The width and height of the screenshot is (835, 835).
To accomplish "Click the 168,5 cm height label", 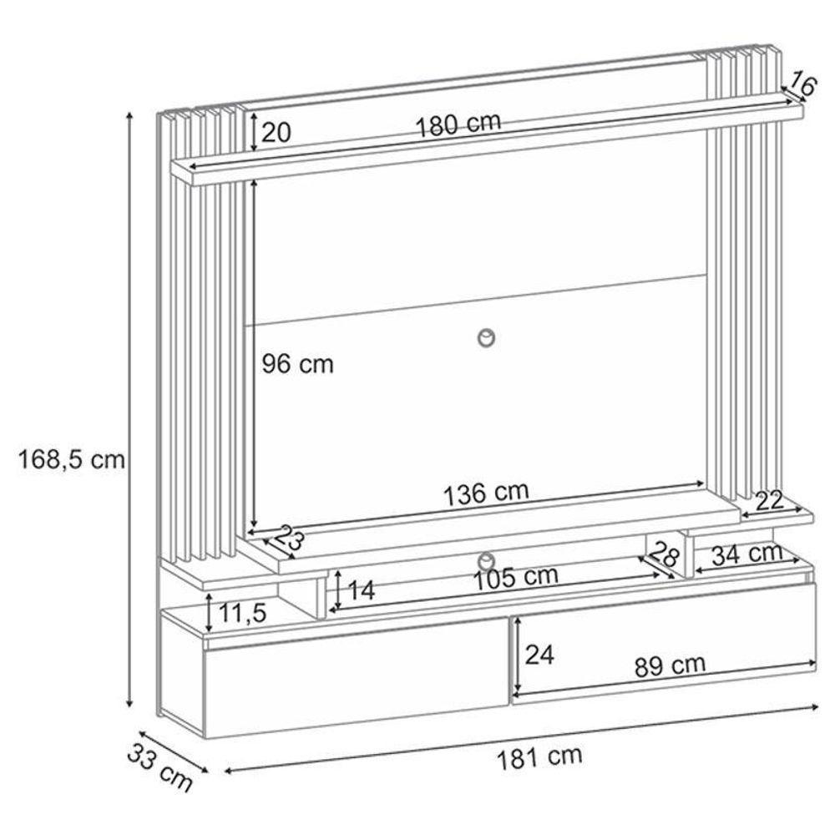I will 71,459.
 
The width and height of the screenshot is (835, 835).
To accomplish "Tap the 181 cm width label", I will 539,757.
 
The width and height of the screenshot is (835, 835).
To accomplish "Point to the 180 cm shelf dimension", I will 458,124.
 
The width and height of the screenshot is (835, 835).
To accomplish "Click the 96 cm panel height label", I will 297,364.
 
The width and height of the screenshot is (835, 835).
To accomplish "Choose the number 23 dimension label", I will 286,539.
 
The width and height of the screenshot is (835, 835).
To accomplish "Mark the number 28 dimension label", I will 665,554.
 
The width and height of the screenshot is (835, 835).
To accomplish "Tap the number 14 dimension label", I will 360,590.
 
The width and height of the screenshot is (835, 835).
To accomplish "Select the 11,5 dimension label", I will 242,614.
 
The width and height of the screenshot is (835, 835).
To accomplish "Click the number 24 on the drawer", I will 540,654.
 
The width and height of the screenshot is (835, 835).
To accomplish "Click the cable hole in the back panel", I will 487,337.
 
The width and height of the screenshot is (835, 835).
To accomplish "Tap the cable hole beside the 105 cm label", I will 487,558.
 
